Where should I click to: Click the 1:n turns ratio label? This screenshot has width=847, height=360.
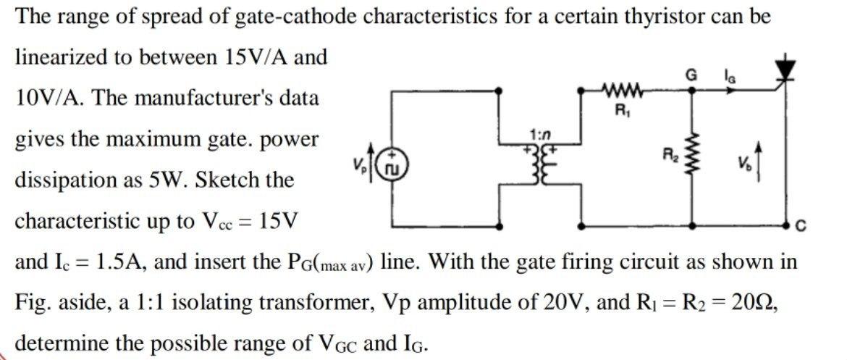click(x=540, y=135)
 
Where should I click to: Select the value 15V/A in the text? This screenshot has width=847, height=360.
click(x=251, y=56)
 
